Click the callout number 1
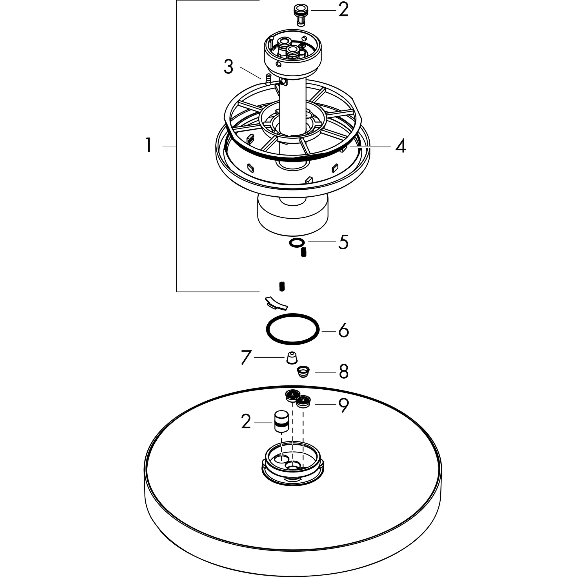tap(148, 145)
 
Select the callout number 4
tap(400, 146)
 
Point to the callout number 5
tap(343, 242)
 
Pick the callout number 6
tap(343, 330)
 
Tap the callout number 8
tap(343, 372)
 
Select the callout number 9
tap(343, 405)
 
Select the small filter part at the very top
tap(301, 15)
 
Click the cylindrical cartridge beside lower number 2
tap(282, 421)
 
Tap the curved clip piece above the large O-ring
tap(277, 303)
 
